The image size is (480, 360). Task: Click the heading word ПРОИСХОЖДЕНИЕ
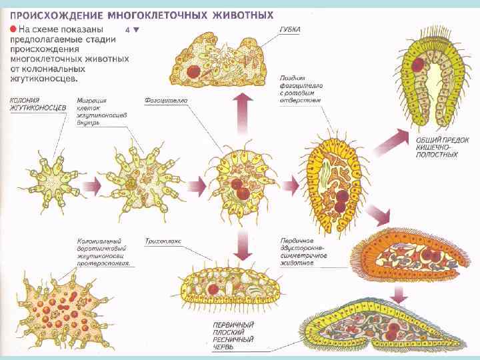(56, 13)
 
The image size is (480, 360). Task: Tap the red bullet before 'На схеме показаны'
(13, 30)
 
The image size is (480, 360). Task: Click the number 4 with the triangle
(132, 30)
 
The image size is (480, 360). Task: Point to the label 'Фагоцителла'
(166, 101)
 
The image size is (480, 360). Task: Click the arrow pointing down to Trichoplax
(244, 246)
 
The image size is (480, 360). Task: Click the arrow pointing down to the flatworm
(401, 293)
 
